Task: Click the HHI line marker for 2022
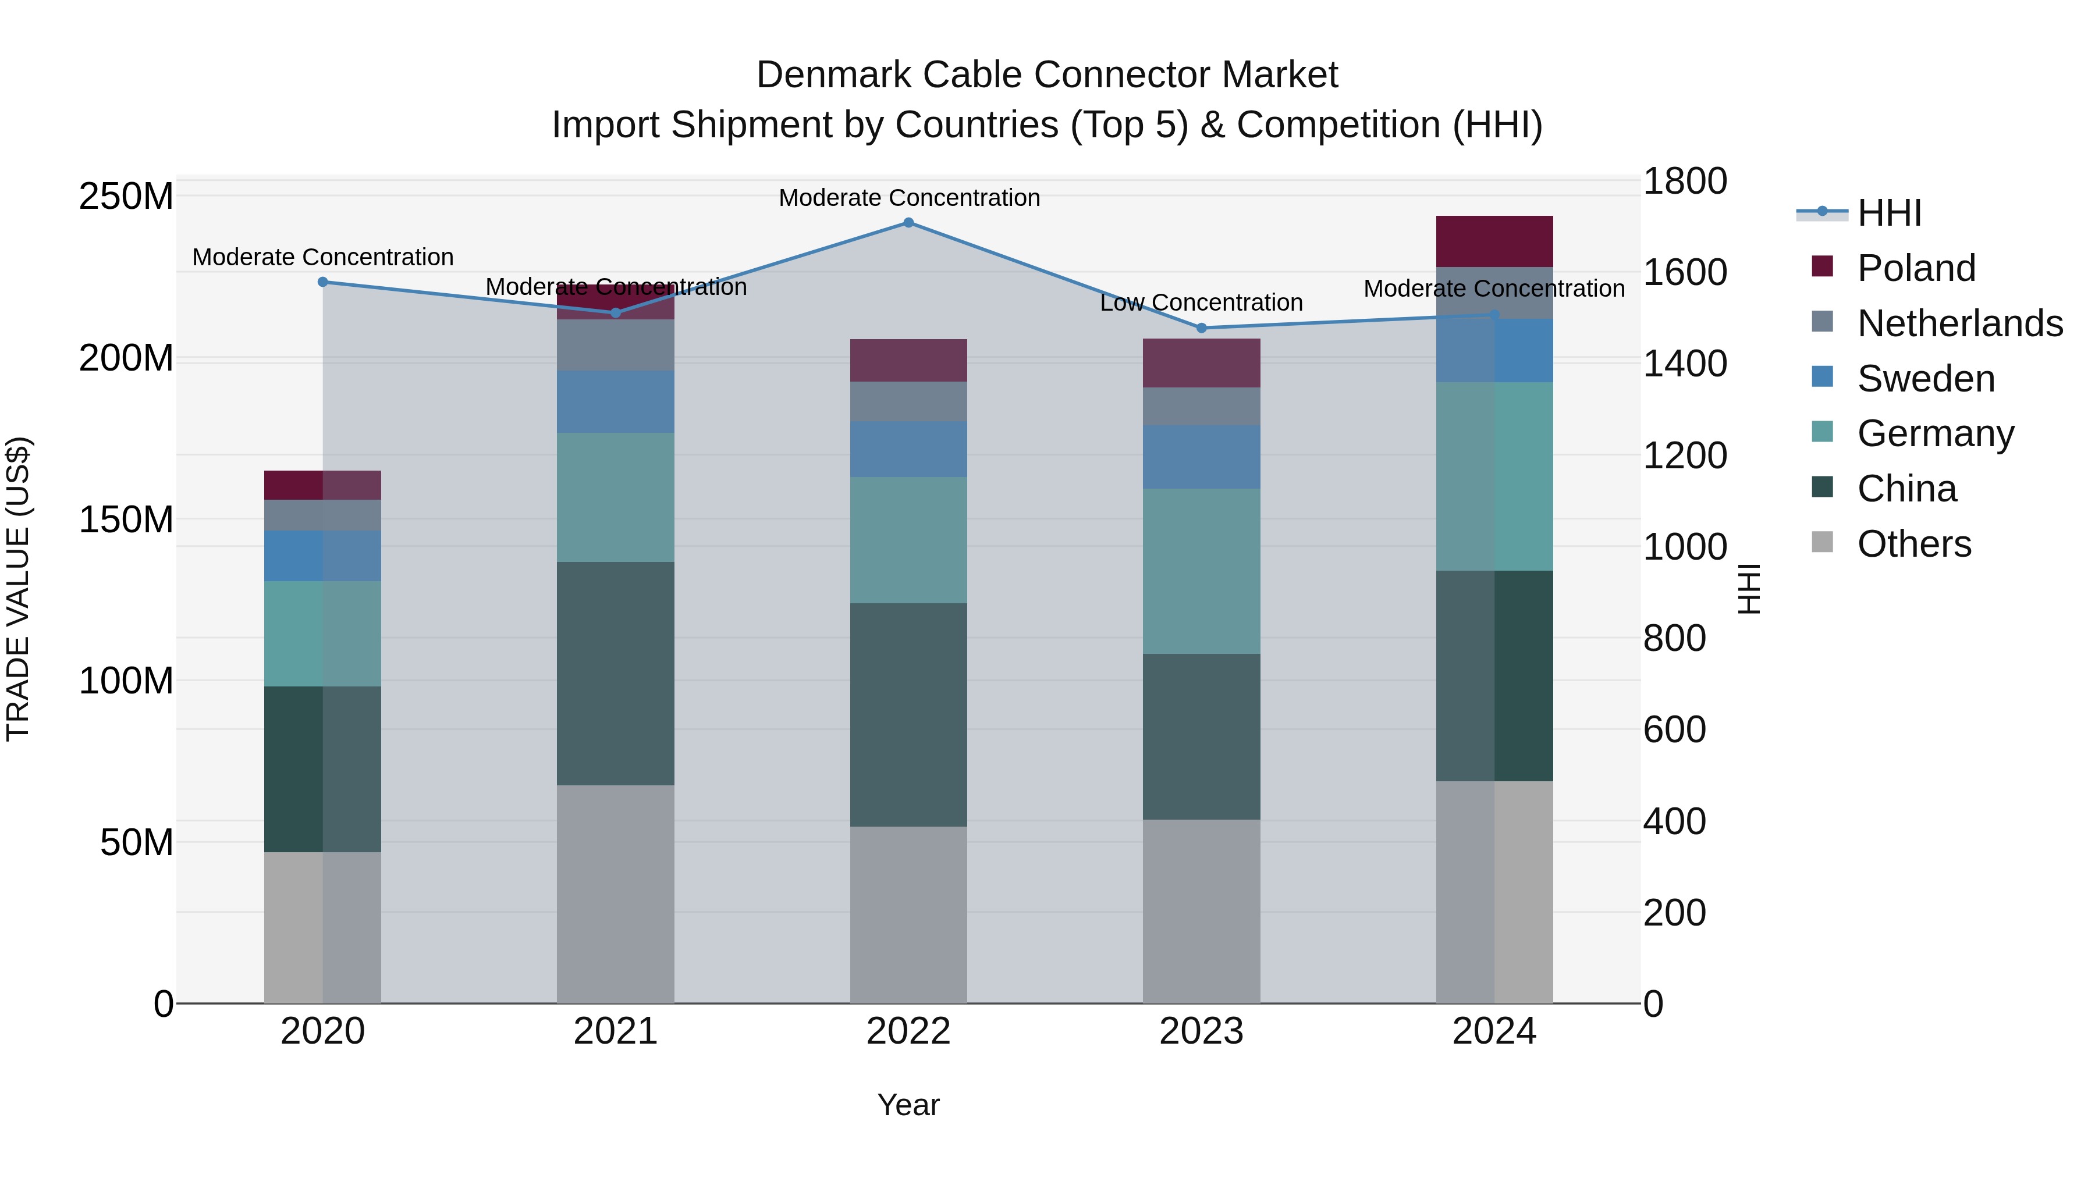tap(908, 223)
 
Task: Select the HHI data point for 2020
tap(323, 282)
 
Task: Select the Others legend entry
tap(1913, 544)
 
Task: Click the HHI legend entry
tap(1889, 213)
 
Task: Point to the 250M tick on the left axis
tap(126, 197)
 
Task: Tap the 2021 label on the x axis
tap(616, 1031)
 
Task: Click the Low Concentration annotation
tap(1201, 302)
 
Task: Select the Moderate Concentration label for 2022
tap(909, 198)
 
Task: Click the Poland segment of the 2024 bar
tap(1494, 241)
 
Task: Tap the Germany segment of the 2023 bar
tap(1201, 571)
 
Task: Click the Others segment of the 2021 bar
tap(616, 894)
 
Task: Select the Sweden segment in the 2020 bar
tap(323, 556)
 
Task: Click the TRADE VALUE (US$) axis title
tap(18, 589)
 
